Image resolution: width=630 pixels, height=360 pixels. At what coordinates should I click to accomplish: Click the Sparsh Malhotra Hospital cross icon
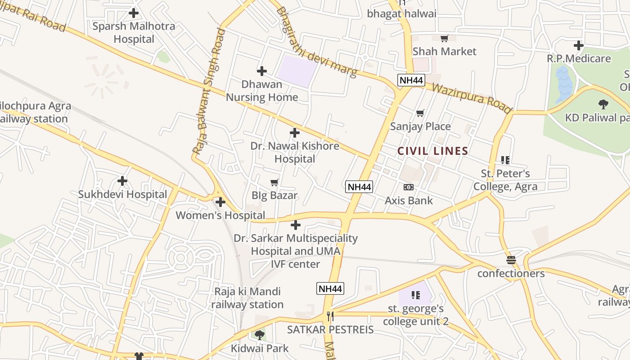(x=134, y=13)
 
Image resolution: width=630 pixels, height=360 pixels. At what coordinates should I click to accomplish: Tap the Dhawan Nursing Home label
(x=262, y=90)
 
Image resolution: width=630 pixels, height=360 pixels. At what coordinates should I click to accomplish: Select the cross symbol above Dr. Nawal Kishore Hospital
(x=295, y=133)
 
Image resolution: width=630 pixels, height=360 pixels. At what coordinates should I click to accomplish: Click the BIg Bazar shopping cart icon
(x=274, y=182)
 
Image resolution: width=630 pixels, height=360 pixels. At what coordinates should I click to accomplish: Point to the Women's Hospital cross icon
(x=220, y=202)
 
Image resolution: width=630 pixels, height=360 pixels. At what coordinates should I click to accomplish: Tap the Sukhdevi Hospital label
(x=122, y=194)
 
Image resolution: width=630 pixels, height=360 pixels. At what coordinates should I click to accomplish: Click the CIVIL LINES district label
(x=433, y=151)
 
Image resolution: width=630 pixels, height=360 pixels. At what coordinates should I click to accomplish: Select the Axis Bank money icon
(x=409, y=187)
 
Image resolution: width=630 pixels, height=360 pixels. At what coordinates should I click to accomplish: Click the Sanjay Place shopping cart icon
(x=420, y=113)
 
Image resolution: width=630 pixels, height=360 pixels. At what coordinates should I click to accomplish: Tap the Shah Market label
(x=444, y=51)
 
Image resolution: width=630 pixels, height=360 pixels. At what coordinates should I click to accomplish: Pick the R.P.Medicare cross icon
(x=578, y=45)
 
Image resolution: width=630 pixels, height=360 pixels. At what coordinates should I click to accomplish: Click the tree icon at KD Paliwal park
(x=603, y=104)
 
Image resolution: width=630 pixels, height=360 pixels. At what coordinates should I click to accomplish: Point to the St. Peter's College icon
(x=505, y=160)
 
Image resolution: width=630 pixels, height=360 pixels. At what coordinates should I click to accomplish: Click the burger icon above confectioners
(x=511, y=260)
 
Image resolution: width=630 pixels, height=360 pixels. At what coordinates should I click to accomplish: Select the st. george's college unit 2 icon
(x=415, y=295)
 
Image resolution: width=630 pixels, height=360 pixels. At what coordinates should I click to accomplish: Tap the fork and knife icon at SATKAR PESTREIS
(x=330, y=316)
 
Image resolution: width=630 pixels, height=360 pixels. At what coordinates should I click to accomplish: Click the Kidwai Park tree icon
(x=260, y=335)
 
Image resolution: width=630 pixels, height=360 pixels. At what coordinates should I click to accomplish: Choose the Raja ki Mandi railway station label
(x=247, y=298)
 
